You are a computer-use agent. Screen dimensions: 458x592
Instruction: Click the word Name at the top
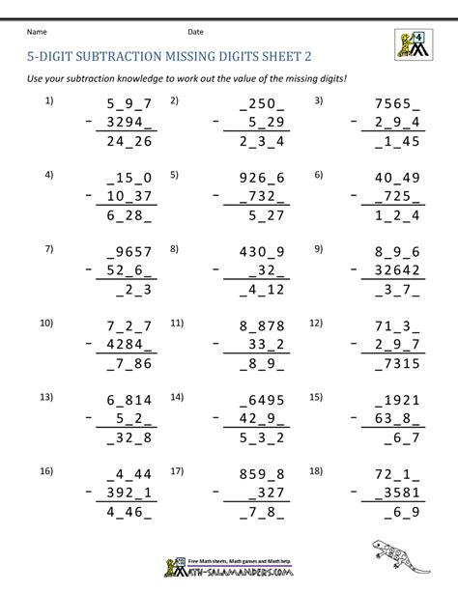(36, 32)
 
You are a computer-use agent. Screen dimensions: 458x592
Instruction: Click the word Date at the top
(195, 32)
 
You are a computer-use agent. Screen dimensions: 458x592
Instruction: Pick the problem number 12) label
(320, 322)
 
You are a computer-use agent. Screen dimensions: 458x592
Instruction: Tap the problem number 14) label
(177, 396)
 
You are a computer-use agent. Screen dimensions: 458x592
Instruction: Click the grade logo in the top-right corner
(414, 42)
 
